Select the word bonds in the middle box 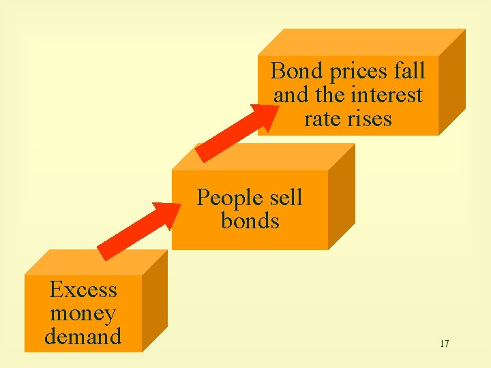[250, 221]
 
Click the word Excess [83, 290]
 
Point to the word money [83, 313]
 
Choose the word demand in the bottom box [83, 337]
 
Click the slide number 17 [444, 343]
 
